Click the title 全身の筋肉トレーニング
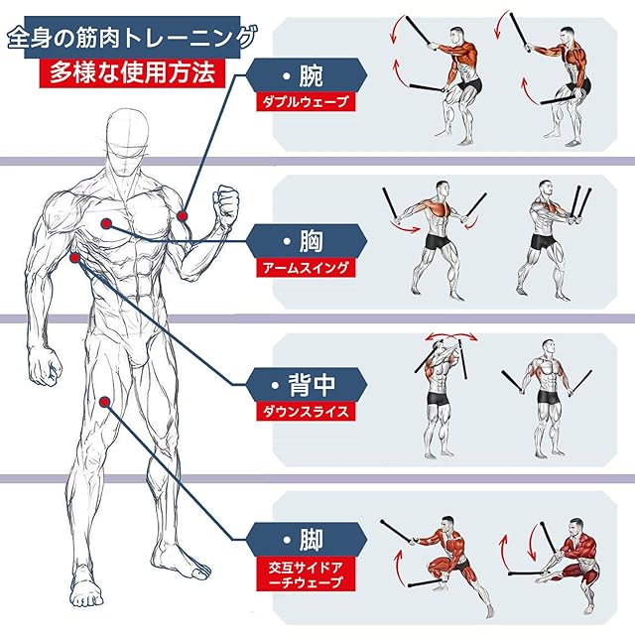click(132, 38)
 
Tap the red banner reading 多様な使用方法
click(132, 72)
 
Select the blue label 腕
click(307, 75)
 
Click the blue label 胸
click(307, 241)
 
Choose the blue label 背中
click(307, 385)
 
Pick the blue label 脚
click(307, 540)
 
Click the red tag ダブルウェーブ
click(306, 101)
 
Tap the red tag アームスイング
click(306, 268)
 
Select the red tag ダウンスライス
click(306, 412)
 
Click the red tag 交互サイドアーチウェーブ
click(306, 574)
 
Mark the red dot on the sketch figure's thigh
click(105, 402)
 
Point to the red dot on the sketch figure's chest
click(106, 223)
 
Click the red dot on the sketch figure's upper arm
click(183, 216)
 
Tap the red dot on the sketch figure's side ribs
click(75, 258)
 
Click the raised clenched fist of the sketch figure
click(226, 205)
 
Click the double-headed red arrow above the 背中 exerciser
click(450, 335)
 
